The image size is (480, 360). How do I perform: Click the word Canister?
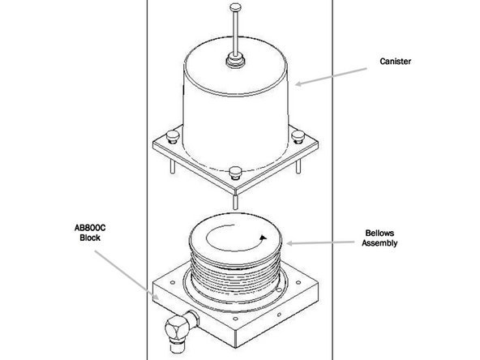[x=395, y=62]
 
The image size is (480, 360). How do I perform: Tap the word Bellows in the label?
[x=379, y=233]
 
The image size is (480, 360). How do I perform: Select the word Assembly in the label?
[x=379, y=243]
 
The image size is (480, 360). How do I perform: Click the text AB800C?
[x=90, y=228]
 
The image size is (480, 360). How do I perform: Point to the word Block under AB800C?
[x=90, y=238]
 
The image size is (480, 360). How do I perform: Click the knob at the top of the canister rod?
[x=235, y=6]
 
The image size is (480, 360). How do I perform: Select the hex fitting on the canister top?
[x=235, y=60]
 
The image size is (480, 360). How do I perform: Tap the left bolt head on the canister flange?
[x=173, y=136]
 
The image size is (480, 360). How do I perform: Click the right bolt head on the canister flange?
[x=298, y=136]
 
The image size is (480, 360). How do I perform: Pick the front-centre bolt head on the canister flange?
[x=235, y=173]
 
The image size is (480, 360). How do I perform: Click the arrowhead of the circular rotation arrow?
[x=264, y=238]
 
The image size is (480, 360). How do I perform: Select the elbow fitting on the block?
[x=179, y=330]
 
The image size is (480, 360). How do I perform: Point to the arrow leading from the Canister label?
[x=331, y=76]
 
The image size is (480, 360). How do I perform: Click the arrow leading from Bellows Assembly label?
[x=320, y=243]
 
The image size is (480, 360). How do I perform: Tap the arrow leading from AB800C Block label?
[x=126, y=275]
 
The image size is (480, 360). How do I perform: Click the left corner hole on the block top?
[x=173, y=282]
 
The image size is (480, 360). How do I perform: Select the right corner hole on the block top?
[x=298, y=282]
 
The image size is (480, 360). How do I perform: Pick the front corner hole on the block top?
[x=235, y=319]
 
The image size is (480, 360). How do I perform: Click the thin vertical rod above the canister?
[x=235, y=33]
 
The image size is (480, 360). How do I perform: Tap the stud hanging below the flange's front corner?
[x=235, y=202]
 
